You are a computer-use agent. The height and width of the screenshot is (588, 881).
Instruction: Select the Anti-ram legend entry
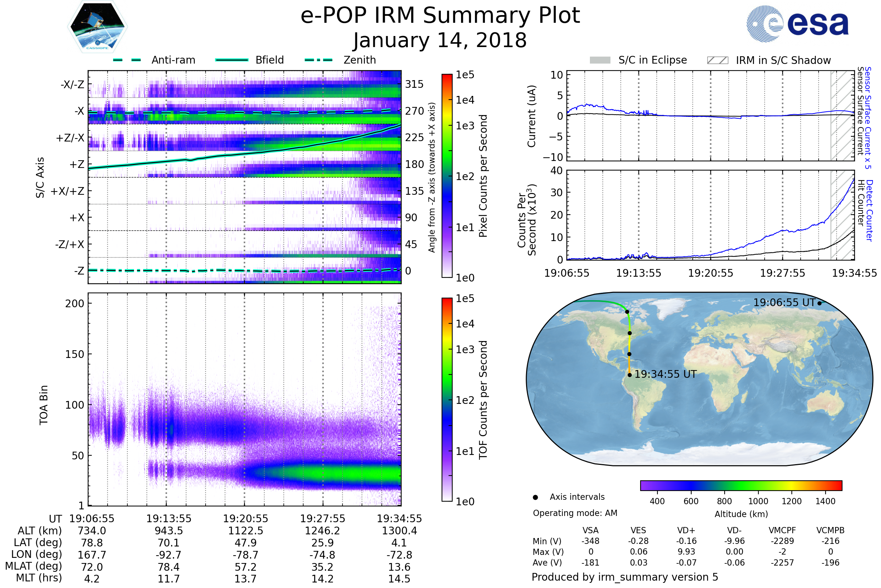[x=173, y=60]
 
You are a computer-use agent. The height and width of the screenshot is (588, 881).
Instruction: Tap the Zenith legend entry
[x=359, y=60]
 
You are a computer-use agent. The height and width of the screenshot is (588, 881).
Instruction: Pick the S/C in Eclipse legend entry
[x=652, y=60]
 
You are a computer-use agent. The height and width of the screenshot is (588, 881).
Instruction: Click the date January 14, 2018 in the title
[x=440, y=40]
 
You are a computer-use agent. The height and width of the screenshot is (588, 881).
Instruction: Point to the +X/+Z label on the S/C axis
[x=68, y=191]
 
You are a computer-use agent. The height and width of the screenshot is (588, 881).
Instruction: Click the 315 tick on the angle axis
[x=414, y=84]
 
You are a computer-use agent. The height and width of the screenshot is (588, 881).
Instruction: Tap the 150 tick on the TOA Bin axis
[x=75, y=354]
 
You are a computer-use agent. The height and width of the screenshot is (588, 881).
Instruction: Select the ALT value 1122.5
[x=245, y=531]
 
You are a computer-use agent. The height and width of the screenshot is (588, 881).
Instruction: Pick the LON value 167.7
[x=92, y=555]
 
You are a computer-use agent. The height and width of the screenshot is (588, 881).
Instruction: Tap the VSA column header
[x=590, y=531]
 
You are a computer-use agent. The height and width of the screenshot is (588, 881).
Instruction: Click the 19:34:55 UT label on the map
[x=665, y=374]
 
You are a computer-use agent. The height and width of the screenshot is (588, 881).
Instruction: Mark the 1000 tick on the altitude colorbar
[x=758, y=501]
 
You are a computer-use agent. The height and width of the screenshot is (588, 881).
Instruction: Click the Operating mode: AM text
[x=574, y=513]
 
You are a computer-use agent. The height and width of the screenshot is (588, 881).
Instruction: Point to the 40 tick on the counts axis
[x=556, y=171]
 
